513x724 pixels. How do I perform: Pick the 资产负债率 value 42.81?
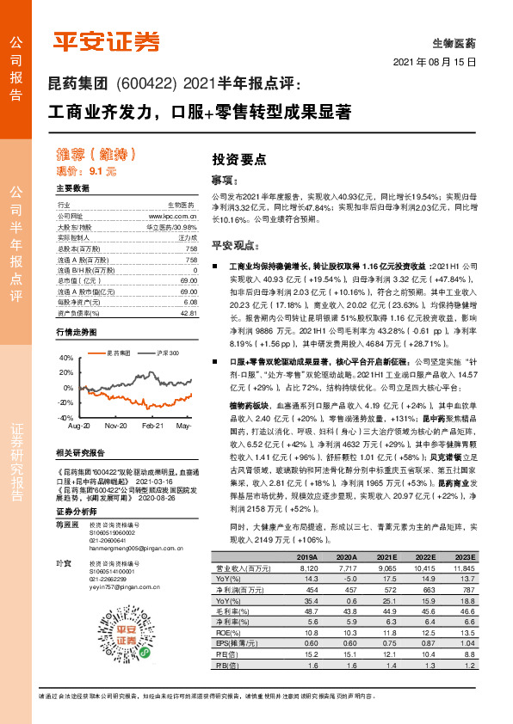click(189, 314)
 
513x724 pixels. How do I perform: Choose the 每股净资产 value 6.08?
click(190, 303)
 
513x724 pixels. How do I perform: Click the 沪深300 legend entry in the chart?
click(168, 353)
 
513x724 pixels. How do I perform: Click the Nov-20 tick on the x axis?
click(117, 426)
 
